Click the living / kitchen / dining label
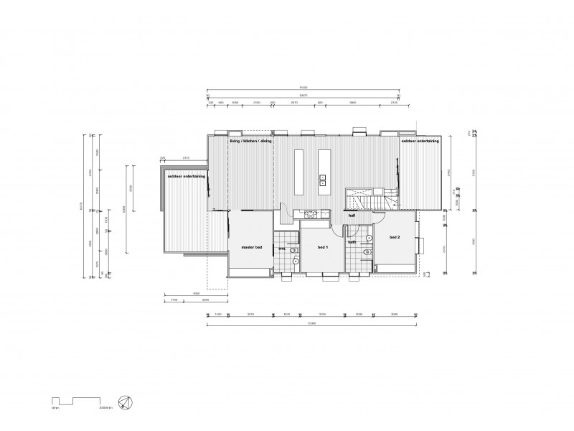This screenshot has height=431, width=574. point(250,142)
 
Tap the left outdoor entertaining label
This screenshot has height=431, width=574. point(186,176)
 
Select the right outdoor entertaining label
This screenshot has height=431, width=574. point(420,142)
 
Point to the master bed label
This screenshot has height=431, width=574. point(251,248)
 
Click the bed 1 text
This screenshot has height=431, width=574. point(322,247)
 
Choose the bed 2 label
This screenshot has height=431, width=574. point(395,236)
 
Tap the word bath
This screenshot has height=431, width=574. point(352,243)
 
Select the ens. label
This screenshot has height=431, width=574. point(282,248)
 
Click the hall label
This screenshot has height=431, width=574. point(352,215)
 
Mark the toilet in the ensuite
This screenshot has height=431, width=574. point(294,251)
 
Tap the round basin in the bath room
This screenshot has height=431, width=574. point(369,237)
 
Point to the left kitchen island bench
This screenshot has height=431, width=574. point(298,171)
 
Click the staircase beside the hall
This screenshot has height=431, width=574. point(366,198)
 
